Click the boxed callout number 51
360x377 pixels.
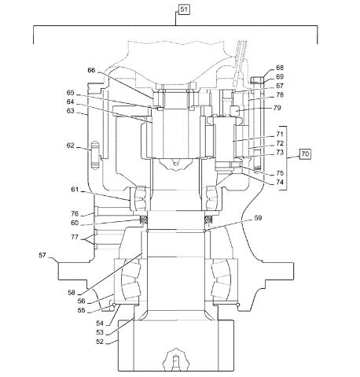[x=184, y=9]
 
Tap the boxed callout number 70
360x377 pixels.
[x=305, y=153]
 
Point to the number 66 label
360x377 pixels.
[x=91, y=70]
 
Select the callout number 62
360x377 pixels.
[x=70, y=146]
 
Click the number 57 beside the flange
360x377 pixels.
[x=42, y=255]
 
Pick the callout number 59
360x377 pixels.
[x=258, y=218]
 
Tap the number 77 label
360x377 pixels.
[x=75, y=237]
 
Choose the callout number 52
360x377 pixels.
[x=100, y=342]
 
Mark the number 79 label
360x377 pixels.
[x=277, y=108]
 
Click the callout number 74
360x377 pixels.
[x=280, y=182]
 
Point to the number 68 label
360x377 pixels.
[x=280, y=68]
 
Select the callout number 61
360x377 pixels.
[x=75, y=190]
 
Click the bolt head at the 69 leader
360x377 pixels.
[x=256, y=79]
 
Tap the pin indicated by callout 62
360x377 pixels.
[x=94, y=155]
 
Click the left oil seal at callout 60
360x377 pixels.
[x=143, y=219]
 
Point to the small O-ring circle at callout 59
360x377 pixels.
[x=204, y=231]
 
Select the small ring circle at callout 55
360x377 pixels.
[x=114, y=305]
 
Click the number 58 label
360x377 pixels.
[x=72, y=293]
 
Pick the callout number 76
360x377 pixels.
[x=75, y=213]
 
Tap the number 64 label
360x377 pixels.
[x=70, y=102]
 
